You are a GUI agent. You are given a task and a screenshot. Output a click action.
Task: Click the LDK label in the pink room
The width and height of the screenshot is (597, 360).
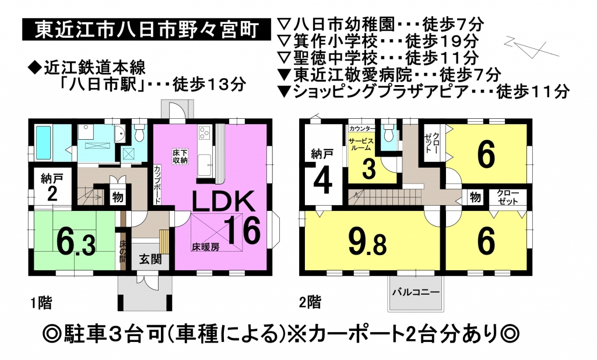(223, 201)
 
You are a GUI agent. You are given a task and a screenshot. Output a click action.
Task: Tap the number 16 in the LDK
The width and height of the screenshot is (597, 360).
(244, 230)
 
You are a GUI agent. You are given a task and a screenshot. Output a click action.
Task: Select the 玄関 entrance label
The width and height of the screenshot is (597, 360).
(150, 260)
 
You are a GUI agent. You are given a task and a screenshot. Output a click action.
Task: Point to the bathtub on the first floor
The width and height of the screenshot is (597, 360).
(43, 143)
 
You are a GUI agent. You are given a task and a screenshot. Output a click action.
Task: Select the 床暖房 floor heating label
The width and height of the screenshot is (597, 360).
(205, 246)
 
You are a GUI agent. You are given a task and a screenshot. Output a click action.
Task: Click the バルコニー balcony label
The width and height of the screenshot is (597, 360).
(416, 292)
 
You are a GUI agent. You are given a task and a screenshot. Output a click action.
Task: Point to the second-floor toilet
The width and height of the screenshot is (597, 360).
(388, 133)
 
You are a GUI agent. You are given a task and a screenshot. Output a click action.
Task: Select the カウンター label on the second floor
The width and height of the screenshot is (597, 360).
(362, 129)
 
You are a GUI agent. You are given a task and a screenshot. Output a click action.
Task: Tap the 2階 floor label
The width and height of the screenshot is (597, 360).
(310, 302)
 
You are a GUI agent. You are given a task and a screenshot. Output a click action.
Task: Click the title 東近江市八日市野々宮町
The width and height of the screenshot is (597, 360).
(146, 29)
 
